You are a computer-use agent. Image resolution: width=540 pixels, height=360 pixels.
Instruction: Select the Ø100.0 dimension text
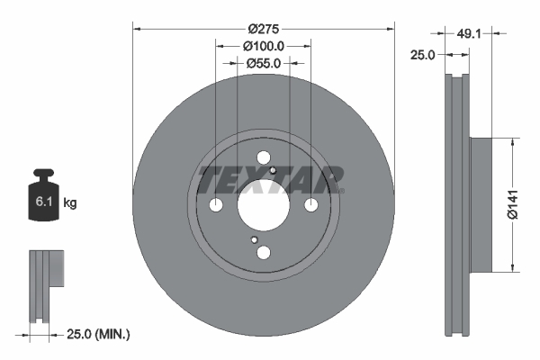(x=263, y=46)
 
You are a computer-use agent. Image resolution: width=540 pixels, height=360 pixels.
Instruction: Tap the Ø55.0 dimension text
(x=263, y=63)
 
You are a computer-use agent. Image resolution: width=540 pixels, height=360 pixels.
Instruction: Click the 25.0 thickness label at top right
(x=422, y=55)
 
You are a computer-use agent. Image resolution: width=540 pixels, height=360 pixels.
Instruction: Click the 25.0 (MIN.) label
(x=99, y=335)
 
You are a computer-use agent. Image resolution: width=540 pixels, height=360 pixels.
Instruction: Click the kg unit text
(x=70, y=203)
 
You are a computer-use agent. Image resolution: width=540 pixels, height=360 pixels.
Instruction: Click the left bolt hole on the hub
(x=216, y=206)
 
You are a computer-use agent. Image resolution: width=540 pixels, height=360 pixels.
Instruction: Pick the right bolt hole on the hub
(x=310, y=206)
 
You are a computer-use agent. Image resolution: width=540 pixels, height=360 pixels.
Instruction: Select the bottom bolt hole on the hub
(x=263, y=253)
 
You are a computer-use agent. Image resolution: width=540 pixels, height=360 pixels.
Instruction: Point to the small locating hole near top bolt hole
(x=272, y=168)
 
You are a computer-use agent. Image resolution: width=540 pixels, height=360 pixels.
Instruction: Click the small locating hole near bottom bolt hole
(x=255, y=240)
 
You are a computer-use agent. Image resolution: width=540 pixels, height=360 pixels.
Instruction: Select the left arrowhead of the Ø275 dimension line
(x=138, y=27)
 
